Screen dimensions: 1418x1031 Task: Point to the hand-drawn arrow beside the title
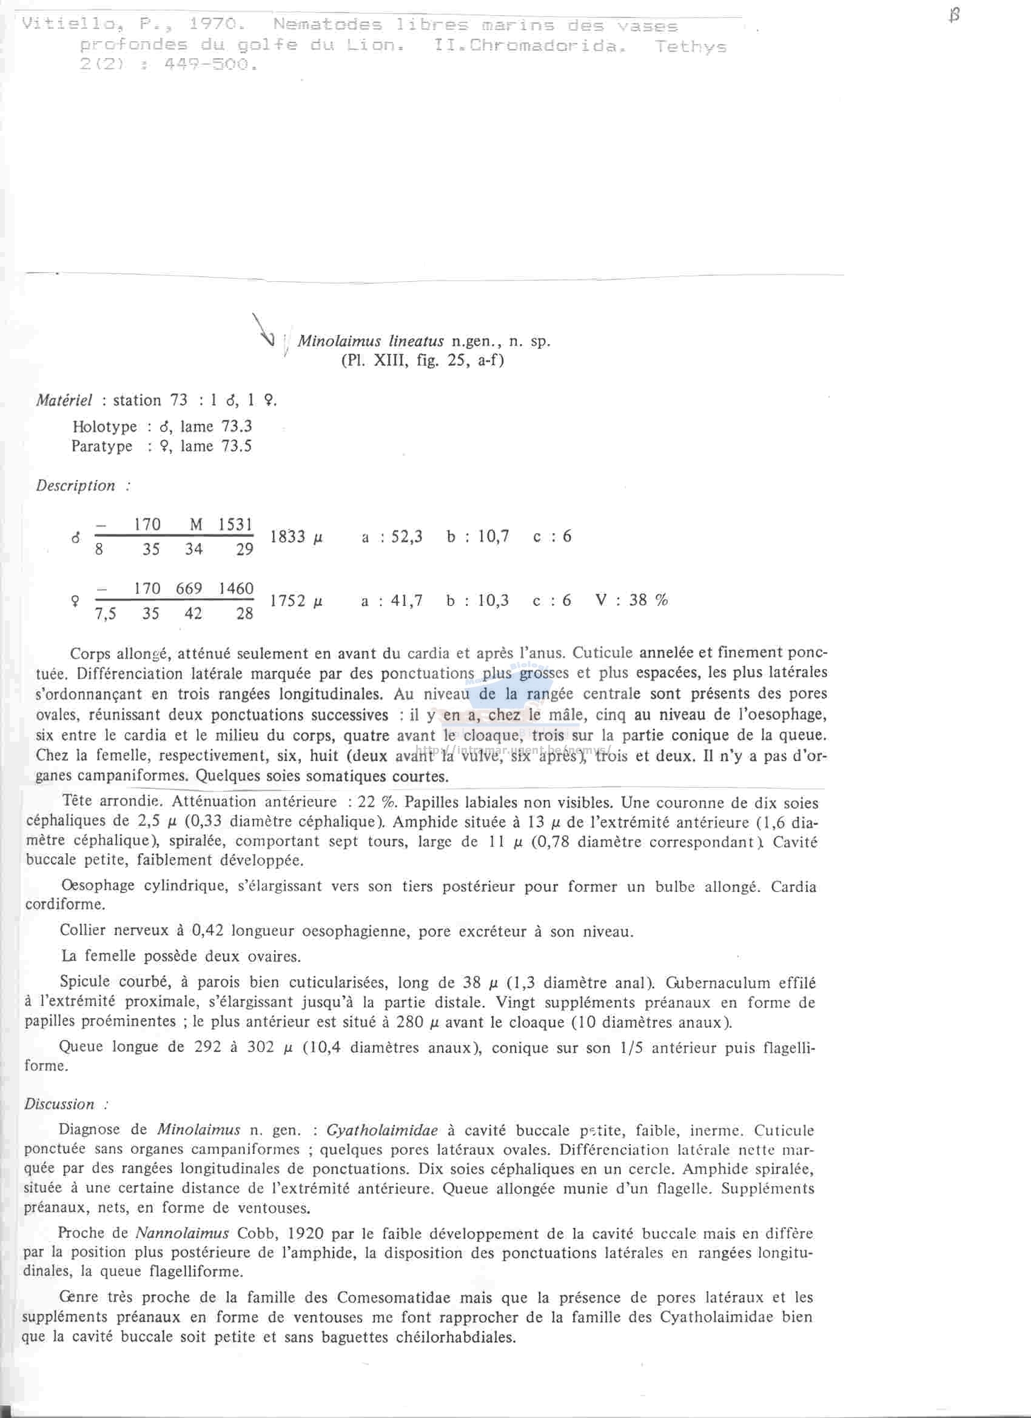tap(263, 331)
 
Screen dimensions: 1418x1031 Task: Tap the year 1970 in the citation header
tap(213, 24)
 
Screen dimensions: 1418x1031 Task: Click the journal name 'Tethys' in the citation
tap(690, 46)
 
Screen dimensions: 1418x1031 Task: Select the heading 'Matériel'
tap(64, 400)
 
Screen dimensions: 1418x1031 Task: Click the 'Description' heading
tap(76, 486)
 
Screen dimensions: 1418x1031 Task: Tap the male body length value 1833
tap(287, 537)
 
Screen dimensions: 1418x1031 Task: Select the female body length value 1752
tap(287, 601)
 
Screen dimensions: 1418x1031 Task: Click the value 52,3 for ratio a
tap(407, 537)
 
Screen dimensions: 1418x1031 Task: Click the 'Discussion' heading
tap(59, 1104)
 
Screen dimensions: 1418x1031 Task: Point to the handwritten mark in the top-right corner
tap(953, 16)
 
